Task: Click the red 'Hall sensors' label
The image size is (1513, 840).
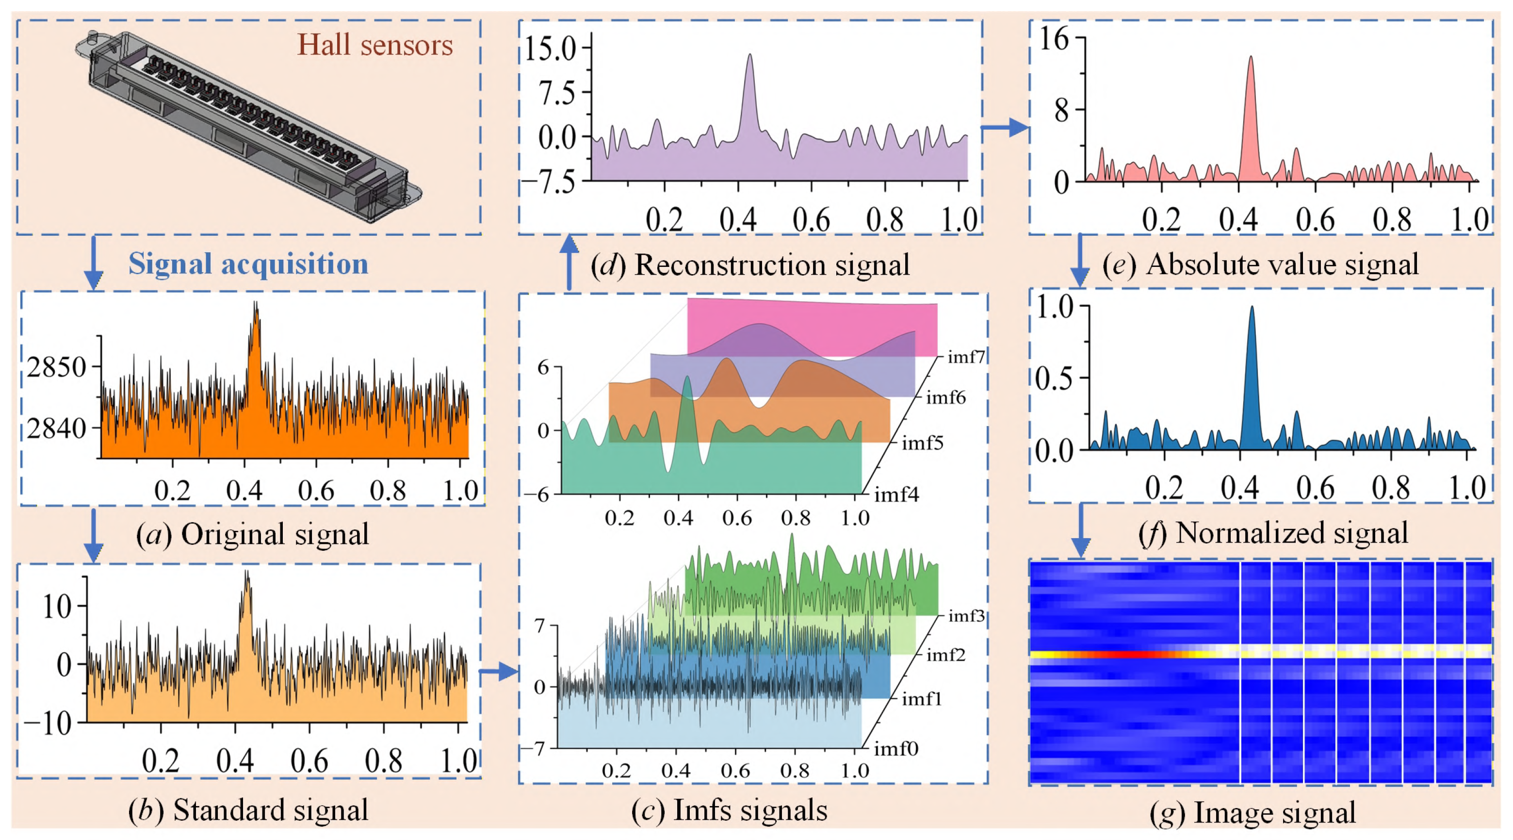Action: coord(374,45)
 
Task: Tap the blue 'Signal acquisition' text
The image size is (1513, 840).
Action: coord(248,264)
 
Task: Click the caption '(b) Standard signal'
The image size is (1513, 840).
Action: coord(248,810)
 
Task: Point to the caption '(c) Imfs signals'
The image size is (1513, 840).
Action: coord(729,810)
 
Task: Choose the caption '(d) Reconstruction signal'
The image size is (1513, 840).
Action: coord(750,265)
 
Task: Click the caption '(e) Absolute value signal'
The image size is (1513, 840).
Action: coord(1260,264)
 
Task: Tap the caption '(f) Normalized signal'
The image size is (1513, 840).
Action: coord(1273,533)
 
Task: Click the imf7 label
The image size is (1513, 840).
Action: coord(966,357)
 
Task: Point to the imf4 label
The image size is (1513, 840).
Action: coord(896,495)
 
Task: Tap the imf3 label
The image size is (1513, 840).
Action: coord(966,616)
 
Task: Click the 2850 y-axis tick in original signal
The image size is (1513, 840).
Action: coord(56,368)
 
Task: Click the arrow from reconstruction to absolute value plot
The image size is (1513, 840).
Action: coord(1005,128)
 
